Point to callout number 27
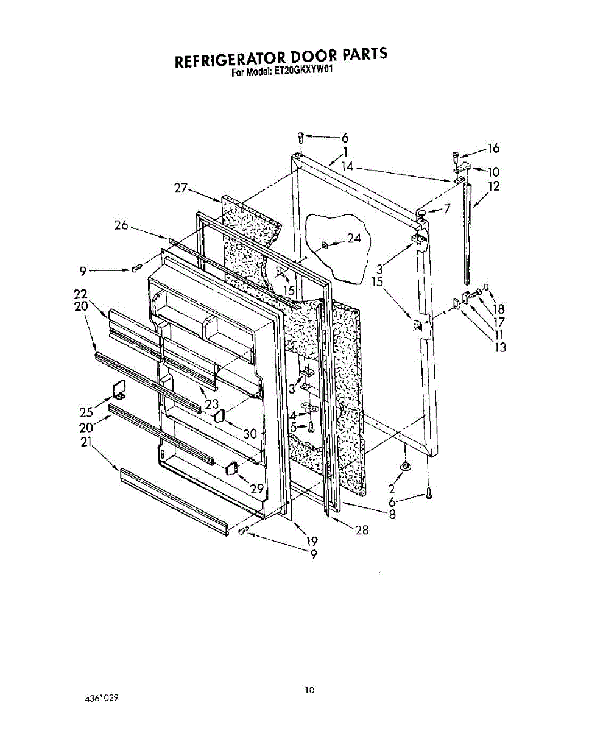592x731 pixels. point(180,188)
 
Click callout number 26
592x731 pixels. point(121,225)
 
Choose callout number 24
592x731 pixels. point(354,238)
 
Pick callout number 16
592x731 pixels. point(493,147)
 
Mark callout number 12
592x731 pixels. point(494,186)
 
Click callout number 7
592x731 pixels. point(448,209)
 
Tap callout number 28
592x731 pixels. point(362,530)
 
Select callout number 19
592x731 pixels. point(312,540)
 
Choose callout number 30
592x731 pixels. point(250,434)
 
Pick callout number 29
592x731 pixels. point(256,489)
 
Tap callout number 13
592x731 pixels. point(501,348)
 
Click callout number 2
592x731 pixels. point(391,488)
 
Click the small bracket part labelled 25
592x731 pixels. point(118,389)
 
